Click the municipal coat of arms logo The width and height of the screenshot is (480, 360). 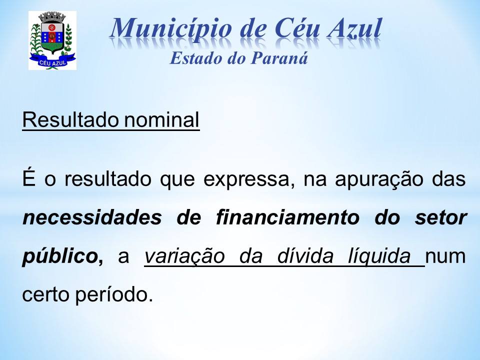[52, 40]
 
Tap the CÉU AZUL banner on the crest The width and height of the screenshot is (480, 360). [52, 62]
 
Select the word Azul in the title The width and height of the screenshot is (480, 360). [355, 28]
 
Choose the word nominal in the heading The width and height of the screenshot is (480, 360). [161, 119]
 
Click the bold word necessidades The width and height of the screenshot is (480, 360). [92, 217]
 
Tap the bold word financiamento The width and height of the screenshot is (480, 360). [287, 217]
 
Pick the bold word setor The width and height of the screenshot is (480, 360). [441, 218]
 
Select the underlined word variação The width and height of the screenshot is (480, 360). [184, 256]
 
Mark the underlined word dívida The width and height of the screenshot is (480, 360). [305, 256]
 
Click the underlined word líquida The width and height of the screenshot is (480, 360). [379, 256]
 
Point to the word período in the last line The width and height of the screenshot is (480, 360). [114, 294]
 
